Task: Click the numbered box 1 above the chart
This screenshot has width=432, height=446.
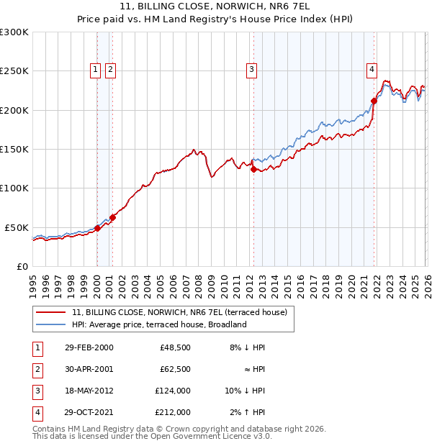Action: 96,70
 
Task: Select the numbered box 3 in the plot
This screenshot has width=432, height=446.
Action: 251,70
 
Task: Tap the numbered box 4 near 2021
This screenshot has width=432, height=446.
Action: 372,70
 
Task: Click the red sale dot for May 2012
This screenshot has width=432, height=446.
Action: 253,169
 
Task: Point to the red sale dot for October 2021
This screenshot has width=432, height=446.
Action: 374,101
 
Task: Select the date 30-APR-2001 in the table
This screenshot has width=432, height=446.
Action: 89,369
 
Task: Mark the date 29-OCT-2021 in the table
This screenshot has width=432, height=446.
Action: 89,412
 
